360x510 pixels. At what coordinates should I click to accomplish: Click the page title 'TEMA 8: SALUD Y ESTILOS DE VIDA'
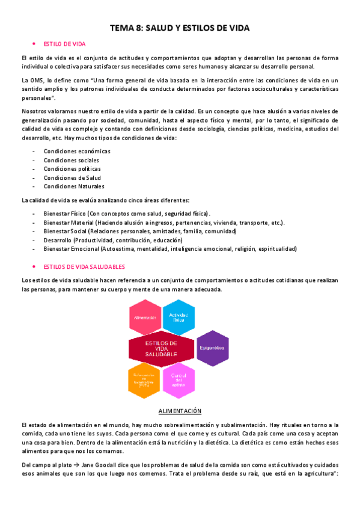click(180, 28)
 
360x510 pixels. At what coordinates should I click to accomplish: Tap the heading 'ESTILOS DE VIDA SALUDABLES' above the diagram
click(84, 266)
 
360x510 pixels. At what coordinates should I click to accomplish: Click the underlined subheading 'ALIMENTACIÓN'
click(180, 411)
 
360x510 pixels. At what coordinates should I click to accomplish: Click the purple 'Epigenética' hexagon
click(213, 348)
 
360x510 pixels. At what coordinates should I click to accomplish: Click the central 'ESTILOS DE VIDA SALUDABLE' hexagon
click(162, 349)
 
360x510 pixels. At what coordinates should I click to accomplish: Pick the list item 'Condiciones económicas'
click(77, 152)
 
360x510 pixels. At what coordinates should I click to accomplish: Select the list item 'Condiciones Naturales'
click(74, 186)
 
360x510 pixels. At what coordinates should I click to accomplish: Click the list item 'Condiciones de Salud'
click(72, 178)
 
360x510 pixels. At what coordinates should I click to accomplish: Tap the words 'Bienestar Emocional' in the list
click(71, 248)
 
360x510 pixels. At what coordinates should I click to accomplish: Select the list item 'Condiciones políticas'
click(72, 169)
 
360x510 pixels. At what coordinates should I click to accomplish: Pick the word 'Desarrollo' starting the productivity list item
click(58, 240)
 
